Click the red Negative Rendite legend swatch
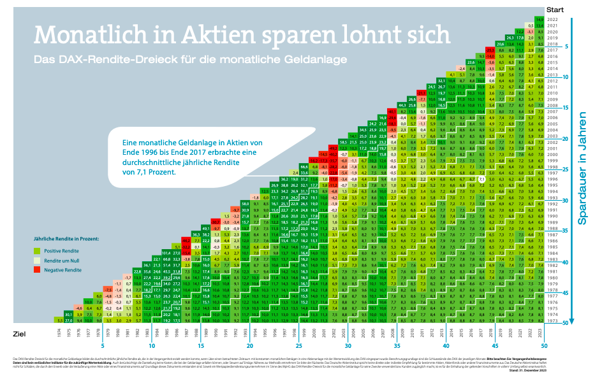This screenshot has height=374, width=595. (x=37, y=270)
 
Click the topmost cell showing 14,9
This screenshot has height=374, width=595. (x=539, y=20)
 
